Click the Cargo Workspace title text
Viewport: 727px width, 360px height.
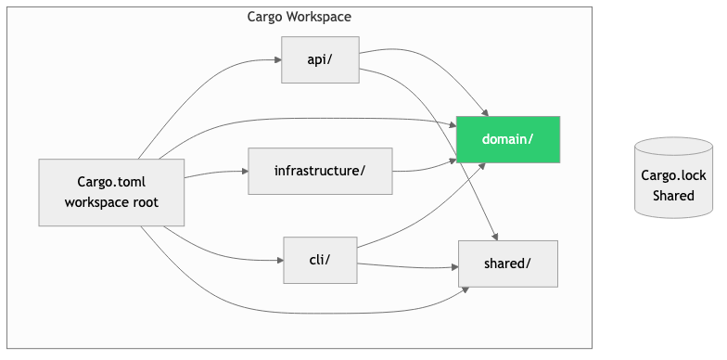[x=299, y=17]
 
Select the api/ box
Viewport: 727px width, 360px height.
[x=320, y=59]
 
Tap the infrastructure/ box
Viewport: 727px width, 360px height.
[x=320, y=171]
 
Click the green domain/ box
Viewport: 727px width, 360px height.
[x=507, y=139]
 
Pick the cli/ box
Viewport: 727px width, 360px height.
[x=320, y=260]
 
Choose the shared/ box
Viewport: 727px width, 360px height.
[x=507, y=263]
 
